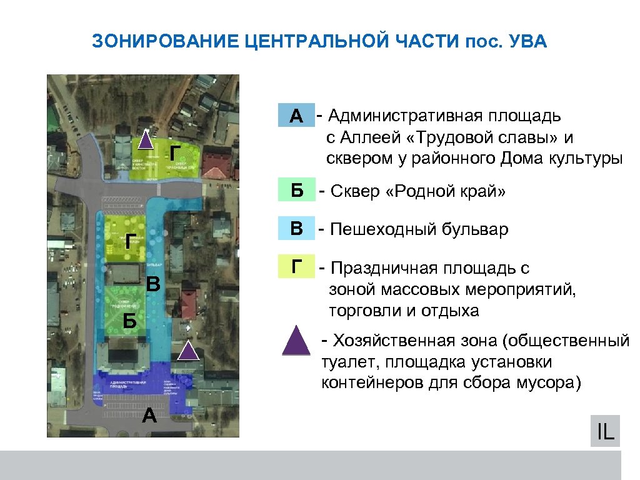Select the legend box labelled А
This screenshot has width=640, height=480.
(x=296, y=116)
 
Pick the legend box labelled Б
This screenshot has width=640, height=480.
(x=296, y=191)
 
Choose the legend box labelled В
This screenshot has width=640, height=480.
(x=296, y=229)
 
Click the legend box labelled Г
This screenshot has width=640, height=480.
(x=296, y=267)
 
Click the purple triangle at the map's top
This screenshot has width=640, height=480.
(x=146, y=139)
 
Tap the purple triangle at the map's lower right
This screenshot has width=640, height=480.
(x=188, y=351)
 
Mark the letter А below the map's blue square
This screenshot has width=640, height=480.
(x=149, y=414)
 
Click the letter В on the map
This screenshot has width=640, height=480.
(x=154, y=286)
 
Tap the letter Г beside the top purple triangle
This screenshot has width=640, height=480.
(x=176, y=151)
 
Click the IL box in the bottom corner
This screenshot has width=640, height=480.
(x=604, y=431)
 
